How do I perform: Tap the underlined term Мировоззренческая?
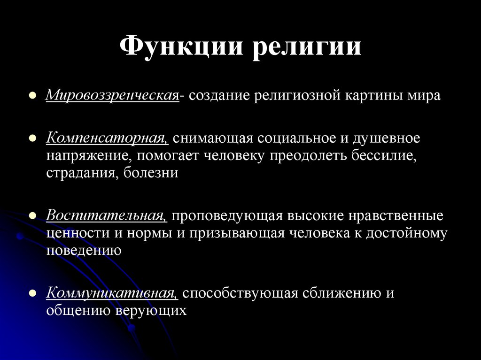[x=112, y=96]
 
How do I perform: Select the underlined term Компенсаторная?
[x=107, y=138]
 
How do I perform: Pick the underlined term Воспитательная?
[x=107, y=216]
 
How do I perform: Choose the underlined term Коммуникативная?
[x=112, y=293]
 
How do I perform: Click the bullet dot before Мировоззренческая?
[x=33, y=96]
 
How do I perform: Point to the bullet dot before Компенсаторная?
[x=33, y=138]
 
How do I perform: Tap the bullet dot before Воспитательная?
[x=33, y=216]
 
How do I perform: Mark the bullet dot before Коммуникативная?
[x=33, y=293]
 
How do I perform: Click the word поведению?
[x=84, y=250]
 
